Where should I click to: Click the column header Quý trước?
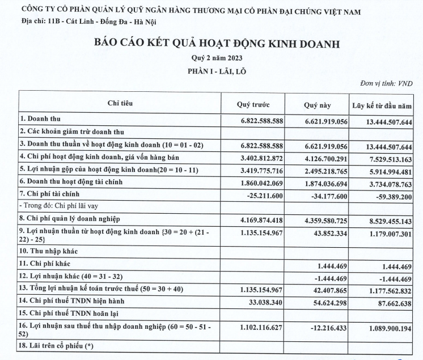pyautogui.click(x=252, y=104)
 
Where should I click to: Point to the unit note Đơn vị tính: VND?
pyautogui.click(x=386, y=83)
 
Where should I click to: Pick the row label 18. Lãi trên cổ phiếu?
pyautogui.click(x=57, y=346)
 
